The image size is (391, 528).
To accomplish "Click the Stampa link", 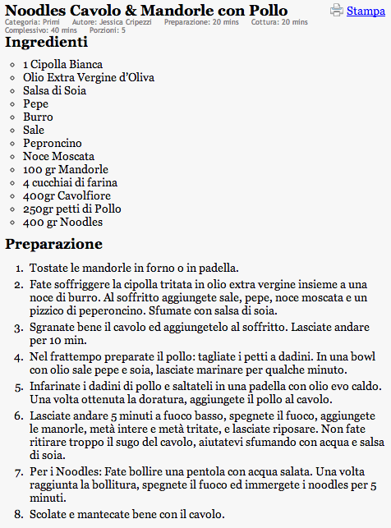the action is (365, 11).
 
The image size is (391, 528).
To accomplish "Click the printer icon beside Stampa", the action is (337, 11).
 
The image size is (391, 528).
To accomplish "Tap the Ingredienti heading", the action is (47, 42).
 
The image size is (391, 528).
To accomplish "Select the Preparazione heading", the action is (53, 244).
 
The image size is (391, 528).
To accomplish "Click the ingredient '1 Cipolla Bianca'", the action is (63, 64).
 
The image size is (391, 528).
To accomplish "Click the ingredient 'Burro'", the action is (38, 117).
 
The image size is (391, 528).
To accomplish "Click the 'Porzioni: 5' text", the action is (108, 30).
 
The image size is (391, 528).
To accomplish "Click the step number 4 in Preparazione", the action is (20, 358).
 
